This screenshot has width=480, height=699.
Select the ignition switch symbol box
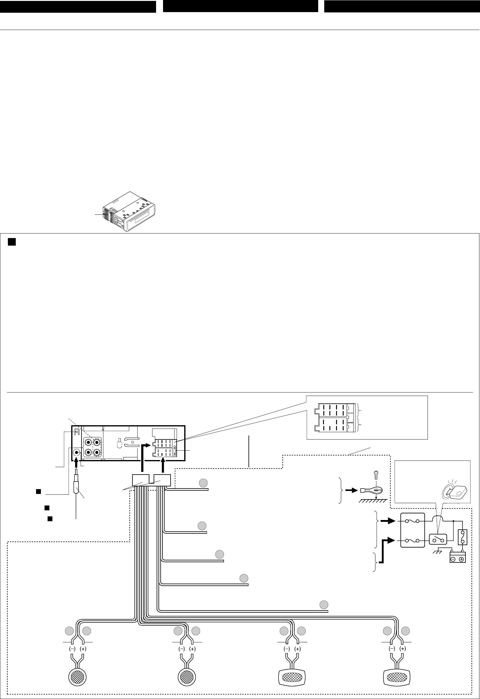pyautogui.click(x=438, y=539)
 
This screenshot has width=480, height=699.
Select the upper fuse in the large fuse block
pyautogui.click(x=412, y=521)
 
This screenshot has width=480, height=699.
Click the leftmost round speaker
pyautogui.click(x=77, y=675)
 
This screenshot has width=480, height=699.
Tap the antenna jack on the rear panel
pyautogui.click(x=76, y=452)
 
